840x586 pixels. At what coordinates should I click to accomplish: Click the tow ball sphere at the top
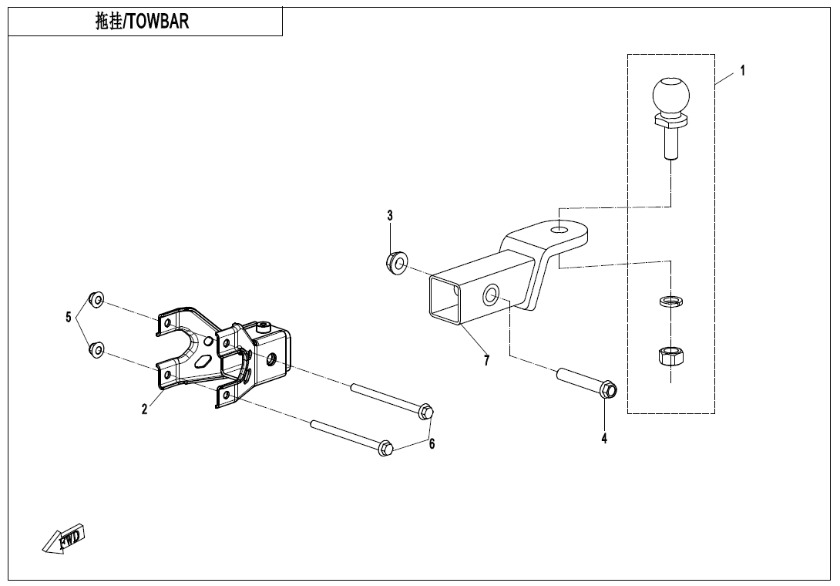[x=670, y=96]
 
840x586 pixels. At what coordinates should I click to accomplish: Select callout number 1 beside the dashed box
[x=742, y=71]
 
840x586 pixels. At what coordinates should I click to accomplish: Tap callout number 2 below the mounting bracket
[x=144, y=409]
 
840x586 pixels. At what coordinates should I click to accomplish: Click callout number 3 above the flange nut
[x=390, y=215]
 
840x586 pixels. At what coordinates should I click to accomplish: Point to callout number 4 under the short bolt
[x=604, y=439]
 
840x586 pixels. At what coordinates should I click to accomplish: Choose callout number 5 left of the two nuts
[x=69, y=317]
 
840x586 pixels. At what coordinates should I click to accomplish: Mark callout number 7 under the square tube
[x=486, y=361]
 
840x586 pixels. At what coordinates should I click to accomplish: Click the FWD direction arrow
[x=63, y=537]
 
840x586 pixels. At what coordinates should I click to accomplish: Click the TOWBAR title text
[x=143, y=22]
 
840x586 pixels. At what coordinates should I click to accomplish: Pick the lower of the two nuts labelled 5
[x=98, y=350]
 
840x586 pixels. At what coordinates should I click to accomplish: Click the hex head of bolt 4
[x=606, y=390]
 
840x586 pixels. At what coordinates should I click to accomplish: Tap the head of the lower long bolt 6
[x=385, y=448]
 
